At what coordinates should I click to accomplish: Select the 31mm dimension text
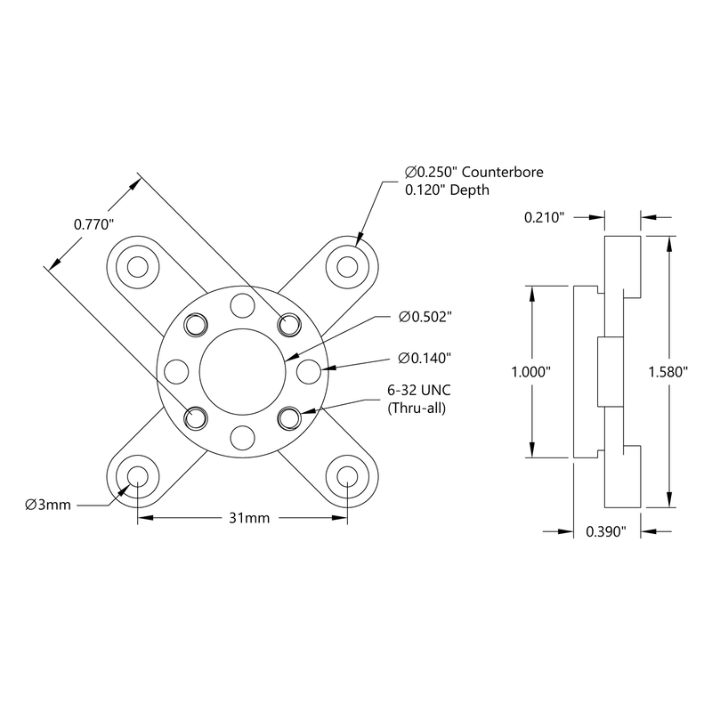[x=242, y=518]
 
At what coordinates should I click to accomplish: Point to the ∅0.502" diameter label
[x=425, y=317]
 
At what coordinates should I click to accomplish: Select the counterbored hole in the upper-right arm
[x=347, y=265]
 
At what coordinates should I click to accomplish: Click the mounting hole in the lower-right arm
[x=347, y=475]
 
